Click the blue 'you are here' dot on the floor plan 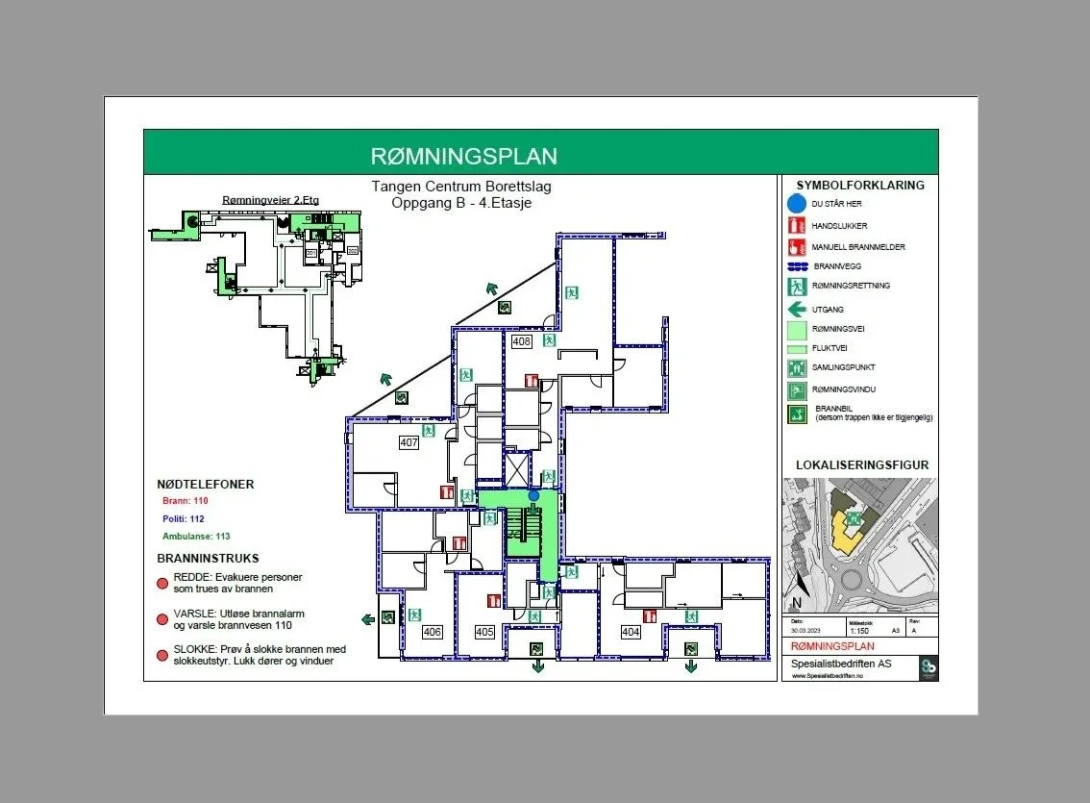[533, 495]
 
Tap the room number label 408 [521, 341]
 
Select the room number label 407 [409, 442]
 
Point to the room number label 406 [432, 632]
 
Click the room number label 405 [483, 632]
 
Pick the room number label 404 [631, 632]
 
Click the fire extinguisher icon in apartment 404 [650, 615]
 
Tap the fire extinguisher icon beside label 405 [493, 602]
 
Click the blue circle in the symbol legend [795, 204]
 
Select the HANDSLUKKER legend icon [795, 226]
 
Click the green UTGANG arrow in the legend [796, 310]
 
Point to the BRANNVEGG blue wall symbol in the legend [796, 266]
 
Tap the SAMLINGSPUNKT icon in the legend [795, 367]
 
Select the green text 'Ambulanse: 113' [195, 536]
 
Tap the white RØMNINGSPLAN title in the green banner [463, 157]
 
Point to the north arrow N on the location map [796, 604]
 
